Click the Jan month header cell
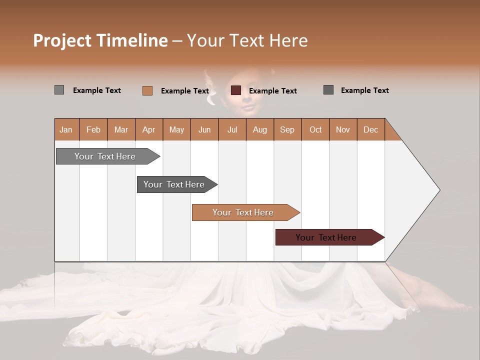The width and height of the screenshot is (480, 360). pos(66,129)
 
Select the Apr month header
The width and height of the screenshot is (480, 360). pos(148,129)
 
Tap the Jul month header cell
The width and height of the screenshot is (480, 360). pos(232,129)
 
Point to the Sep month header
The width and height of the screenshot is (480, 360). pos(287,129)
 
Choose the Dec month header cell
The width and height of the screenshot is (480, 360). pos(370,129)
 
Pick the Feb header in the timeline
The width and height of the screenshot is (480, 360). pos(93,129)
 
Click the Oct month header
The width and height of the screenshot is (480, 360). pos(315,129)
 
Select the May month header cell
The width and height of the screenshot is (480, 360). pos(176,129)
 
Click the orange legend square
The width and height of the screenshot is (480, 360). pos(147,90)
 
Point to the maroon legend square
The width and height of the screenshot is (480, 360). pos(236,90)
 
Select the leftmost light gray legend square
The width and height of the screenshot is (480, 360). pos(59,90)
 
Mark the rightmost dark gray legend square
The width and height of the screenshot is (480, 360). pos(328,90)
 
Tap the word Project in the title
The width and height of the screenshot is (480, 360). pos(62,40)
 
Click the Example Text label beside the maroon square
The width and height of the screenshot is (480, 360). pos(272,91)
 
